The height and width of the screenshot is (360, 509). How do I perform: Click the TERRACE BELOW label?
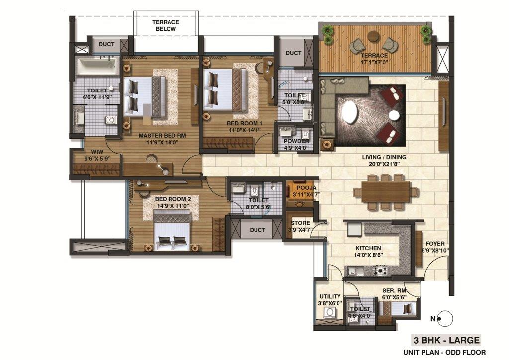click(166, 26)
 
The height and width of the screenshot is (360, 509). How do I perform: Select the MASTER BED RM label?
click(162, 136)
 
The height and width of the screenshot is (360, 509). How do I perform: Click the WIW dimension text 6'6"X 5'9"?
click(97, 159)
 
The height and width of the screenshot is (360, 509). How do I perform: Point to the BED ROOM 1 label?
click(245, 124)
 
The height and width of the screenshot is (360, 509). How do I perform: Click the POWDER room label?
click(296, 141)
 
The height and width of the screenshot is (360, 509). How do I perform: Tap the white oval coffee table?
click(350, 113)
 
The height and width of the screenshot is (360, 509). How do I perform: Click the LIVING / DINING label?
click(384, 158)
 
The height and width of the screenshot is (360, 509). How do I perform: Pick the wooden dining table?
click(386, 192)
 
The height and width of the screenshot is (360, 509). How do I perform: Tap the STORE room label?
click(301, 223)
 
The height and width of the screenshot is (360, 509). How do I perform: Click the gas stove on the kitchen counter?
click(380, 270)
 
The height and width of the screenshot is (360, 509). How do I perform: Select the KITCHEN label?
click(368, 248)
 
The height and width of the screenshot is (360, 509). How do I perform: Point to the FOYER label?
click(435, 244)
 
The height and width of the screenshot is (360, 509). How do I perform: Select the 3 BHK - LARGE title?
click(446, 340)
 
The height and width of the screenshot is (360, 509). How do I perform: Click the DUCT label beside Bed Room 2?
click(257, 230)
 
